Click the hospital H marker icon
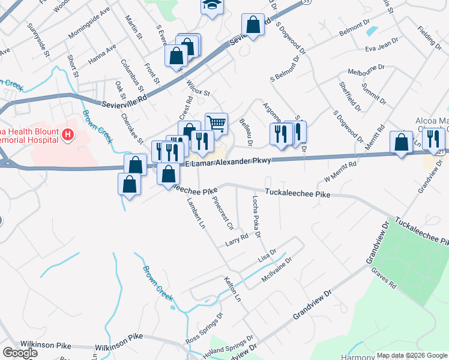[67, 134]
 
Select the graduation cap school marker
[211, 5]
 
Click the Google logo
[20, 353]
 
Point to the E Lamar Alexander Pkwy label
[228, 162]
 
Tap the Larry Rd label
[237, 239]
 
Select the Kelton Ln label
[233, 290]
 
